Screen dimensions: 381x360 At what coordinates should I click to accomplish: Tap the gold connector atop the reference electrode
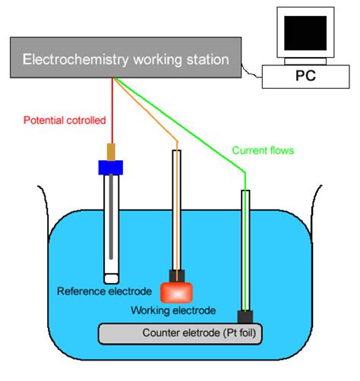pyautogui.click(x=111, y=150)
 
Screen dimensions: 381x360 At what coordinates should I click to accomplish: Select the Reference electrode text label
pyautogui.click(x=101, y=291)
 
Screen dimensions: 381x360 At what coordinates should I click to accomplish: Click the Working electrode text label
pyautogui.click(x=173, y=310)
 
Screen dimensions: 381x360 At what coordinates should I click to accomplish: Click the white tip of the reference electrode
pyautogui.click(x=112, y=269)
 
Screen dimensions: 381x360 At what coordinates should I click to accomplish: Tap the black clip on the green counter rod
pyautogui.click(x=245, y=316)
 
